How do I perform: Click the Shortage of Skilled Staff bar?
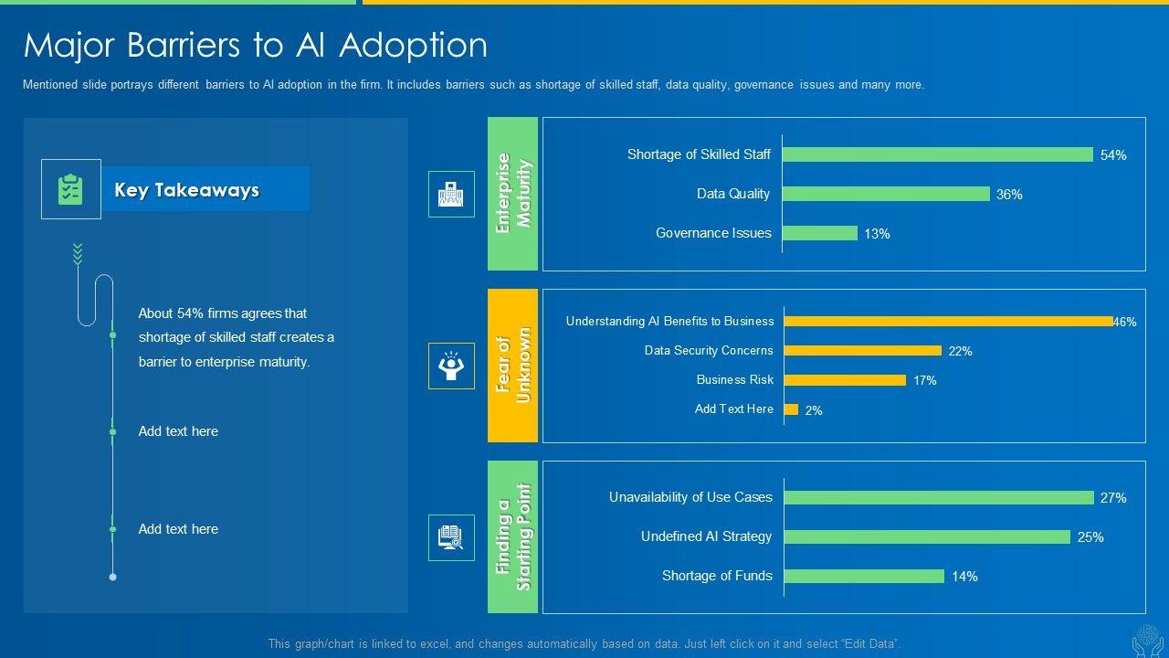pyautogui.click(x=937, y=154)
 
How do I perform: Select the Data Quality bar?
pyautogui.click(x=886, y=194)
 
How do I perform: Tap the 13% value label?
pyautogui.click(x=877, y=234)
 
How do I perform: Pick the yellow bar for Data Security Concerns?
pyautogui.click(x=862, y=350)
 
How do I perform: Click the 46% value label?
pyautogui.click(x=1125, y=322)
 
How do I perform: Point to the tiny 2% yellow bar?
pyautogui.click(x=791, y=409)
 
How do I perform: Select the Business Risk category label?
pyautogui.click(x=734, y=379)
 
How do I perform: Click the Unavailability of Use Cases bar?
pyautogui.click(x=938, y=497)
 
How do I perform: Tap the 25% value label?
pyautogui.click(x=1090, y=537)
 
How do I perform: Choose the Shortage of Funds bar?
pyautogui.click(x=864, y=576)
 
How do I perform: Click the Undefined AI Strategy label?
pyautogui.click(x=706, y=536)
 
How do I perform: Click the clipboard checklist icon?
pyautogui.click(x=70, y=189)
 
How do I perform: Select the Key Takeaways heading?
pyautogui.click(x=187, y=190)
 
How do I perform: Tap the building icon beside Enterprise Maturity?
pyautogui.click(x=451, y=194)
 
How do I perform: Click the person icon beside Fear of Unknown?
pyautogui.click(x=451, y=366)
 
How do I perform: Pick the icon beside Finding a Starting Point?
pyautogui.click(x=451, y=537)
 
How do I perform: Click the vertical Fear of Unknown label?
pyautogui.click(x=513, y=366)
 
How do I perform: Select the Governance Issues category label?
pyautogui.click(x=713, y=233)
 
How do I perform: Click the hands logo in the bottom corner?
pyautogui.click(x=1147, y=641)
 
